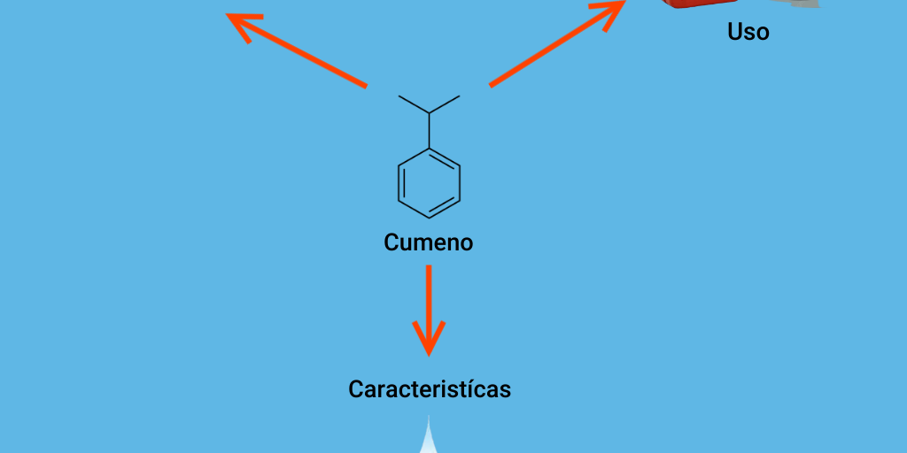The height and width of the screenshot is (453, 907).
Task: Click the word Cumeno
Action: tap(428, 242)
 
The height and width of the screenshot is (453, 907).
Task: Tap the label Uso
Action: tap(748, 33)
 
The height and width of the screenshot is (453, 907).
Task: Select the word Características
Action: tap(430, 389)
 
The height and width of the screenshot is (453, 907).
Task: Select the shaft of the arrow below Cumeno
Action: tap(429, 296)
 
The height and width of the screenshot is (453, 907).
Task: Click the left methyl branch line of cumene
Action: tap(414, 104)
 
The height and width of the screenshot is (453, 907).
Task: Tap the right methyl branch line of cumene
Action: tap(445, 104)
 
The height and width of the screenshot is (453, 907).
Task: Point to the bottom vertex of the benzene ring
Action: tap(430, 218)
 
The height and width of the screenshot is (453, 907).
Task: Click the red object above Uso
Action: tap(700, 4)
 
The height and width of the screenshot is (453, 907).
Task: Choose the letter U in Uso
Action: tap(735, 33)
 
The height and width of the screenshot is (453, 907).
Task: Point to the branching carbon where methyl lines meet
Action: tap(430, 113)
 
